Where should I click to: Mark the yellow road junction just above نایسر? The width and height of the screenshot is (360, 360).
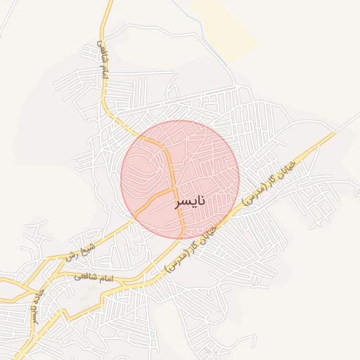coord(174,188)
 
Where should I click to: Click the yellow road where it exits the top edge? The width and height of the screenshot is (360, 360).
coord(110,2)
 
